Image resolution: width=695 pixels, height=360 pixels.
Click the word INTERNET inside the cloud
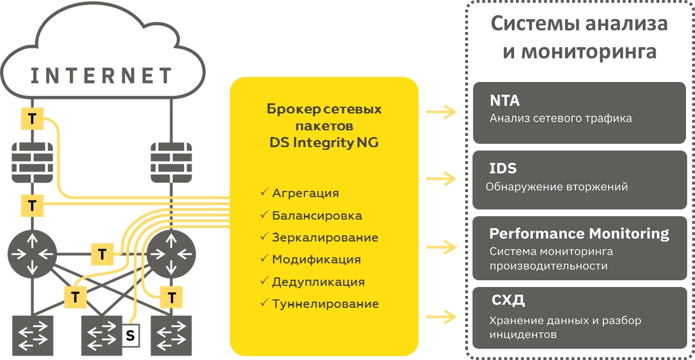pos(101,75)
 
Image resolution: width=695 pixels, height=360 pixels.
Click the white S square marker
pos(130,336)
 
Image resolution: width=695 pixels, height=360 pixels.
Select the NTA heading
pos(505,101)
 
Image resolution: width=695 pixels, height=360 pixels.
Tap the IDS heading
pos(503,168)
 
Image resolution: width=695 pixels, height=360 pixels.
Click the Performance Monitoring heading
pos(579,234)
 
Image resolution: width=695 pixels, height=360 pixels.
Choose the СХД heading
pos(508,300)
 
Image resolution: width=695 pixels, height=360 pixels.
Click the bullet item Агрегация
pos(305,193)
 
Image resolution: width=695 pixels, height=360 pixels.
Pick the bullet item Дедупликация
pos(318,282)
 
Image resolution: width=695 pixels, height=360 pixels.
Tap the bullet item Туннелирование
pos(325,304)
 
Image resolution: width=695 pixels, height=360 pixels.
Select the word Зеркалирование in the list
pos(325,238)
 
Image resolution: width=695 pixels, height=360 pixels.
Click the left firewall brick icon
pos(32,161)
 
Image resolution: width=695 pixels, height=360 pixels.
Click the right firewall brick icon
pos(171,161)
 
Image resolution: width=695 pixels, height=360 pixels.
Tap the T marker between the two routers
pos(102,254)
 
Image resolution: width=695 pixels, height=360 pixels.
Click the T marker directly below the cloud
pos(32,119)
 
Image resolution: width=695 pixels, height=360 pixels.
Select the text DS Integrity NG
pos(324,143)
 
